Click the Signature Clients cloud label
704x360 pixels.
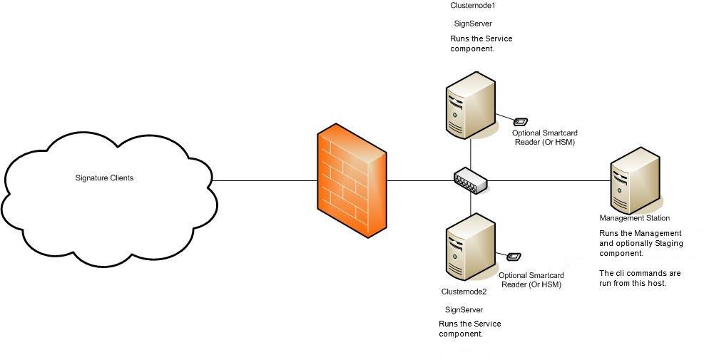point(105,178)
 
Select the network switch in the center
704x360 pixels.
point(471,180)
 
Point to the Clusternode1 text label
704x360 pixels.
point(472,6)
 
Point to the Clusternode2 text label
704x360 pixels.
point(464,292)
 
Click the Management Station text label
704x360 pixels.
point(634,218)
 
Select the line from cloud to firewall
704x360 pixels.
point(264,180)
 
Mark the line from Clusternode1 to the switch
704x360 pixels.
point(471,153)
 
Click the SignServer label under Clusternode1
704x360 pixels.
point(473,24)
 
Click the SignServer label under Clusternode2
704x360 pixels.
point(464,309)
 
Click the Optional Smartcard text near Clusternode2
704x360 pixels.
point(531,275)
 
